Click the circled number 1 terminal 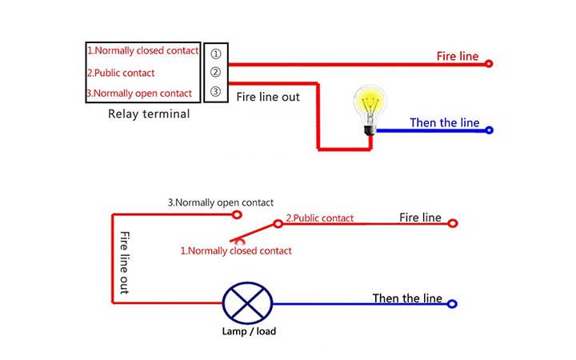215,54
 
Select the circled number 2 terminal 215,73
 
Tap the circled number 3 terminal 215,92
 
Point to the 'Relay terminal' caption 149,114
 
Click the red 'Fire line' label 458,57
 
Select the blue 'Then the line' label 445,122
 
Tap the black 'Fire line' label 420,218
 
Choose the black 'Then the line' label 407,298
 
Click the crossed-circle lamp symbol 247,304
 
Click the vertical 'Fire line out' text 124,263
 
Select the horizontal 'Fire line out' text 268,96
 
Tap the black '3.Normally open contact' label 220,203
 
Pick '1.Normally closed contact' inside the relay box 142,51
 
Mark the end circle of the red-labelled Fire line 489,64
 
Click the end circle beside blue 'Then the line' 489,130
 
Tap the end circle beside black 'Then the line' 452,304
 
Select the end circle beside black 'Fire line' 452,224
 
